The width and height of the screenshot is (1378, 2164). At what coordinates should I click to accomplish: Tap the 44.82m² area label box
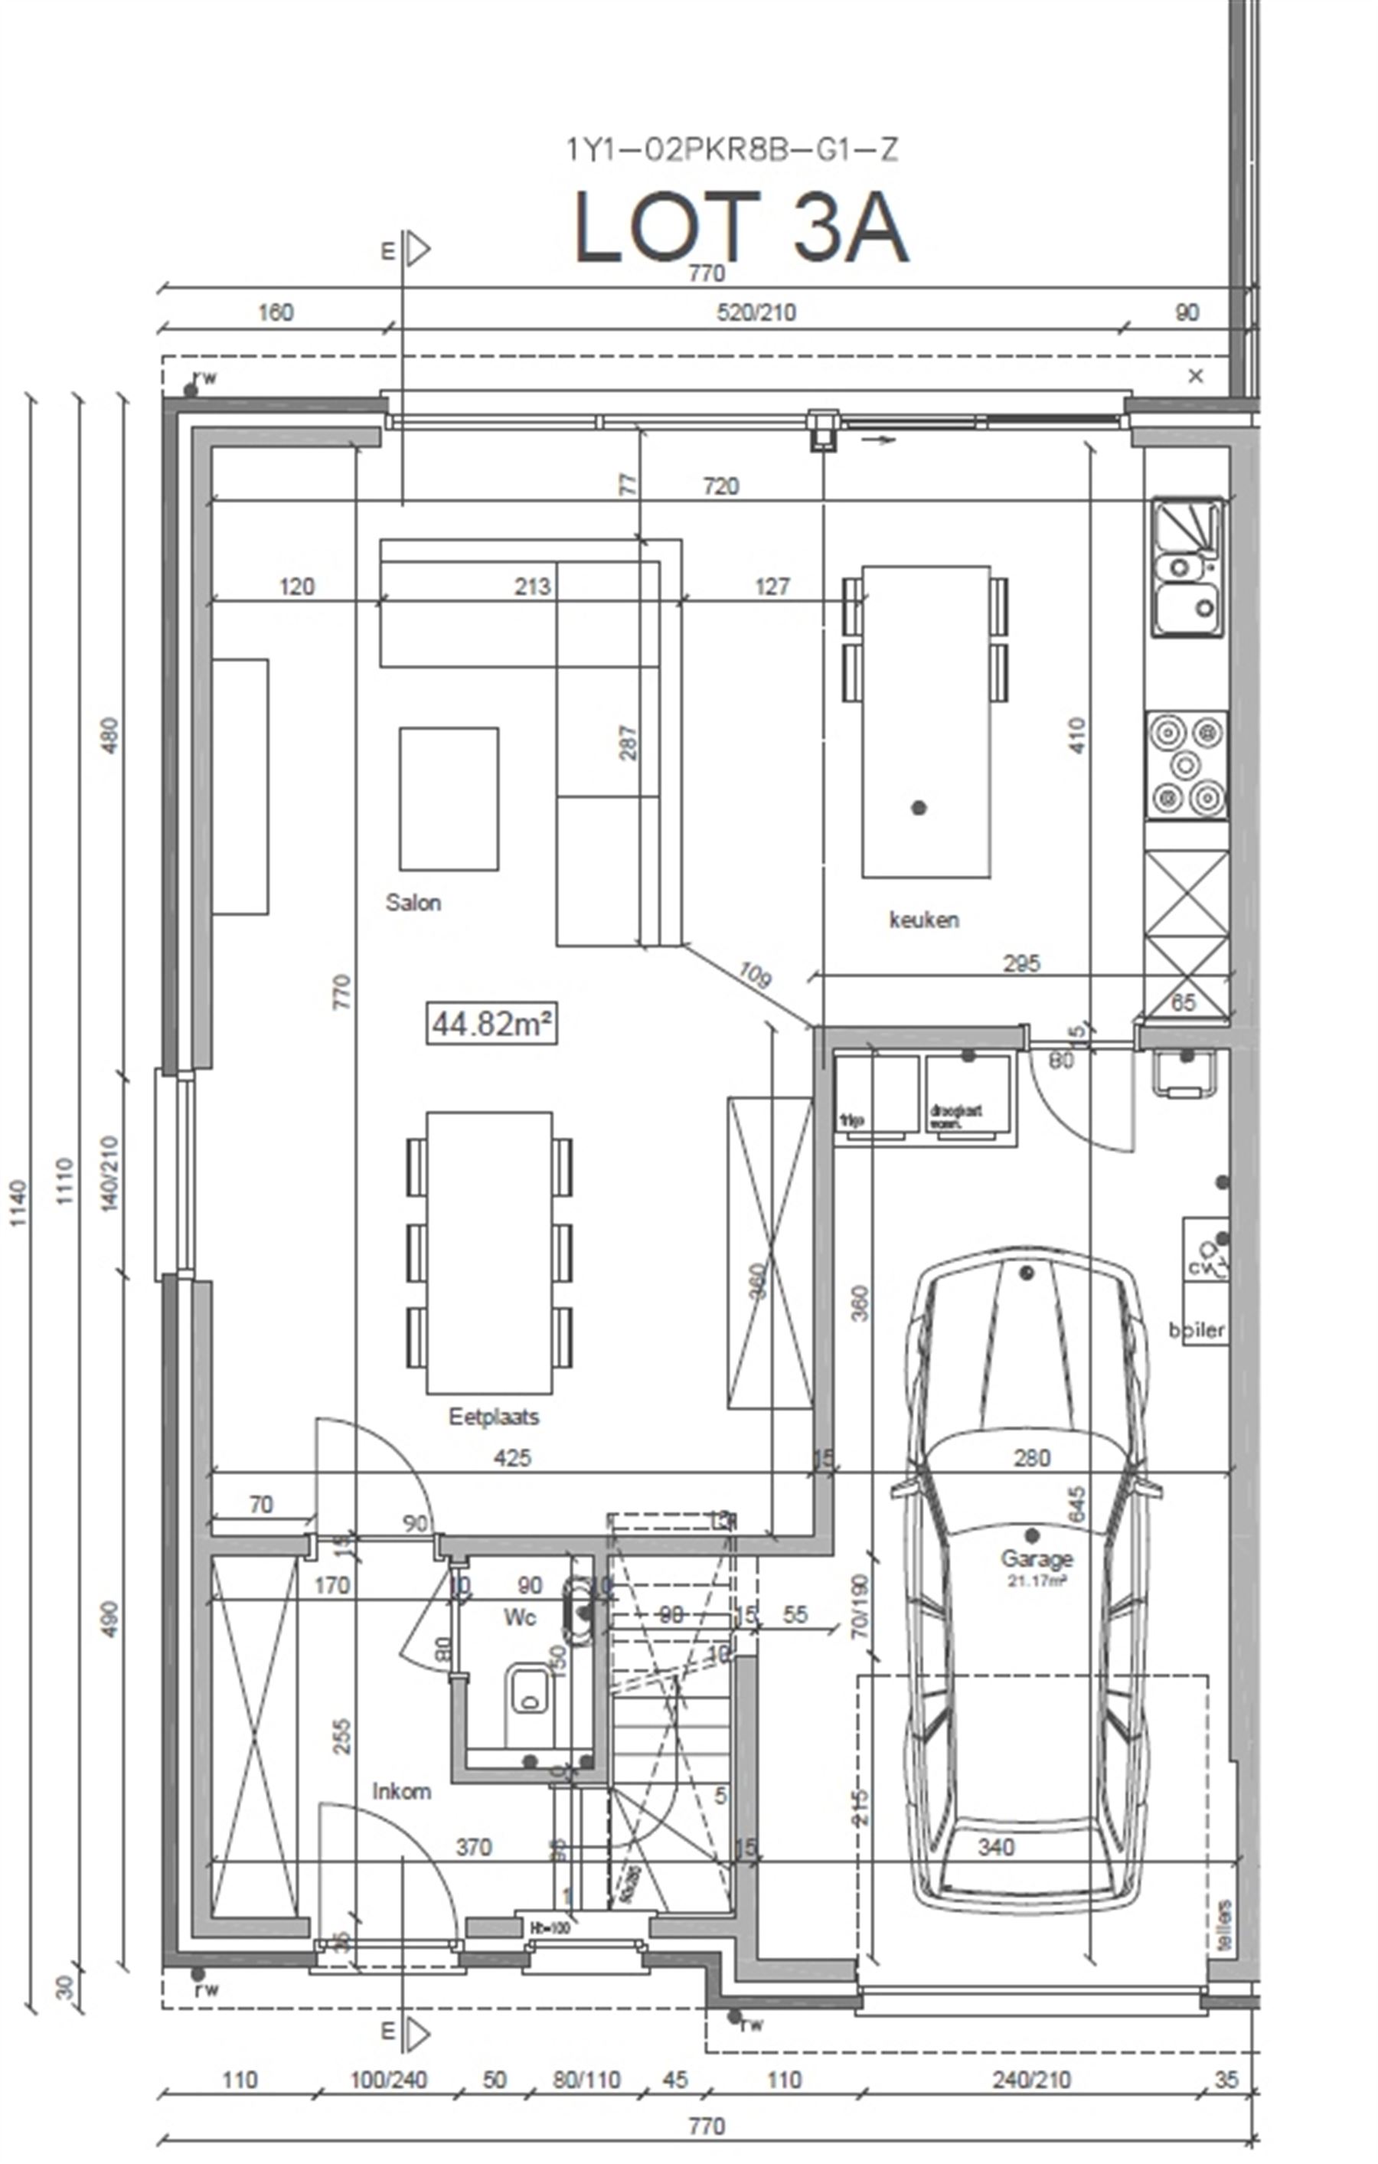click(491, 1024)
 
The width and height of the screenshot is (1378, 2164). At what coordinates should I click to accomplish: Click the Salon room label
click(413, 902)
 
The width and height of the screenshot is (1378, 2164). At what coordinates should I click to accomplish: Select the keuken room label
click(923, 920)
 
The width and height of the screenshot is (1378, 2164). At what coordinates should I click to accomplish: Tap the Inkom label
click(402, 1791)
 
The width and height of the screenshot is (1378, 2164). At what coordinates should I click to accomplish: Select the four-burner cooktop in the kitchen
click(1186, 765)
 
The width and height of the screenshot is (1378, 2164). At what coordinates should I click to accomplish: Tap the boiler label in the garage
click(1197, 1329)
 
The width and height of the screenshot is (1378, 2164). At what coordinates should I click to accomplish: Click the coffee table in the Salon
click(449, 798)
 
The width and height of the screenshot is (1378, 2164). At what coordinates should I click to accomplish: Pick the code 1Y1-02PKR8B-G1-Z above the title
click(731, 149)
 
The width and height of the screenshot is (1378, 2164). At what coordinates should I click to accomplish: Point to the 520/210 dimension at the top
click(756, 312)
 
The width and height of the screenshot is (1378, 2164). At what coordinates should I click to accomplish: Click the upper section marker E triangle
click(416, 250)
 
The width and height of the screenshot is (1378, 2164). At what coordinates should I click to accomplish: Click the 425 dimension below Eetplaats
click(512, 1458)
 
